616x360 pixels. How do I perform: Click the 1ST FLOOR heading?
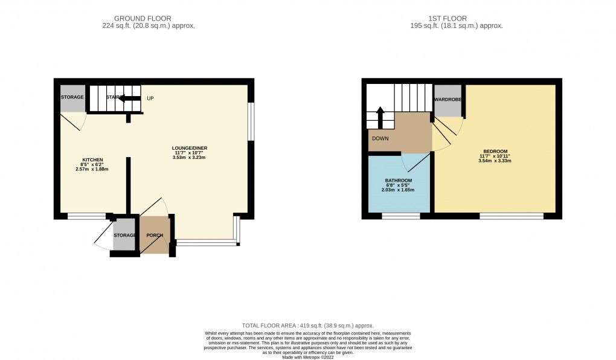tap(456, 18)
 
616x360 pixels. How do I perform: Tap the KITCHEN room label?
tap(93, 160)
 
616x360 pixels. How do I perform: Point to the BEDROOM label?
tap(495, 151)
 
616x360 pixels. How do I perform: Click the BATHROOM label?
tap(398, 181)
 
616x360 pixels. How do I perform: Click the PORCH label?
tap(155, 235)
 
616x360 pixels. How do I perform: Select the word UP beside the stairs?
tap(150, 98)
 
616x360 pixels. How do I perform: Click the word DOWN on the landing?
tap(380, 138)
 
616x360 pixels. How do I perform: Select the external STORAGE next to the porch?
tap(124, 235)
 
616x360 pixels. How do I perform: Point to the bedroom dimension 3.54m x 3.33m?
tap(495, 161)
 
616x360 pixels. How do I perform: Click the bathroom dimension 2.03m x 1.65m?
tap(398, 190)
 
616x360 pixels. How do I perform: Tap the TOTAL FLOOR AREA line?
tap(308, 325)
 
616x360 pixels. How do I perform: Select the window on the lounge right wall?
tap(251, 122)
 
